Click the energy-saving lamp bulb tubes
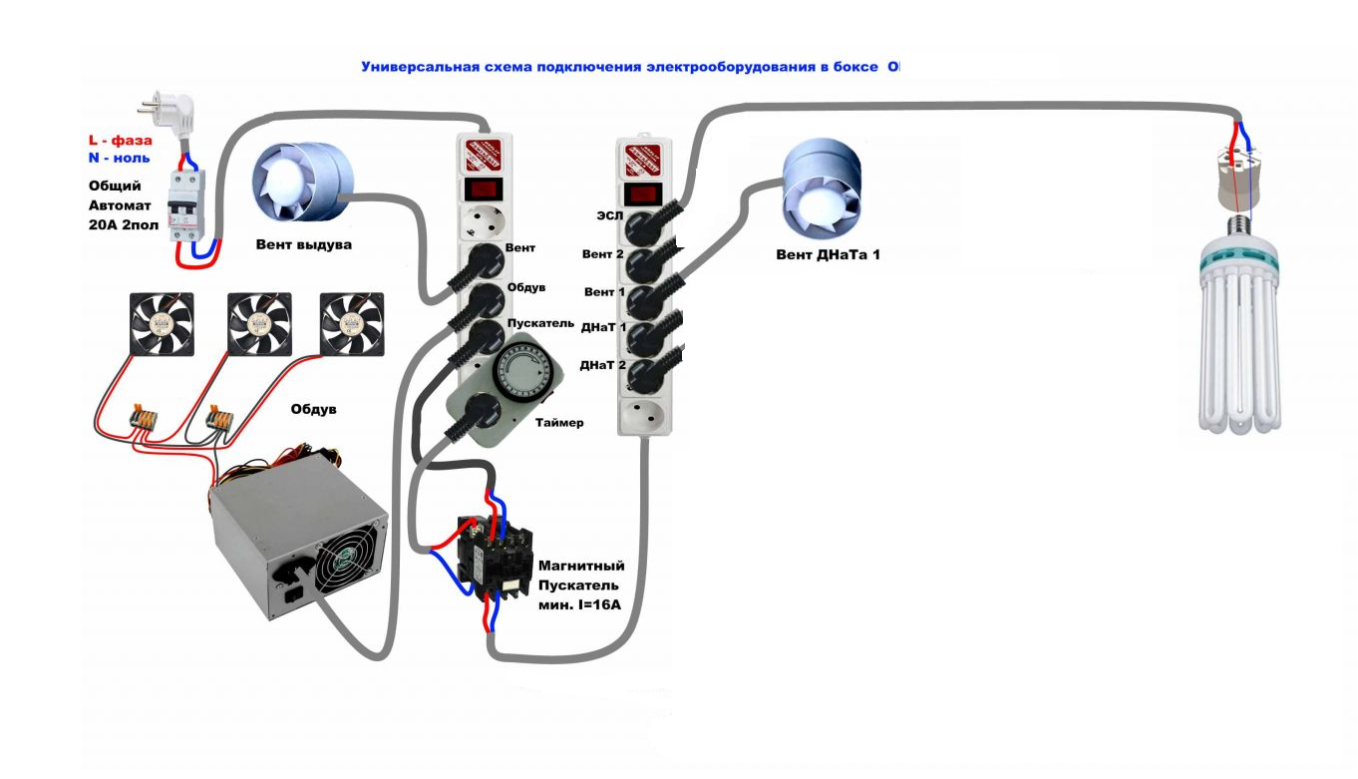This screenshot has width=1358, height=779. tap(1238, 344)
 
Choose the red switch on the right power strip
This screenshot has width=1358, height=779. tap(642, 194)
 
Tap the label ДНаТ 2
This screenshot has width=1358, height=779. tap(602, 365)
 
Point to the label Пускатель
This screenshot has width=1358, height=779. tap(540, 324)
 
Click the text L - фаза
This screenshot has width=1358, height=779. tap(120, 142)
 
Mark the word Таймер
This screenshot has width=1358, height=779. tap(558, 423)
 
